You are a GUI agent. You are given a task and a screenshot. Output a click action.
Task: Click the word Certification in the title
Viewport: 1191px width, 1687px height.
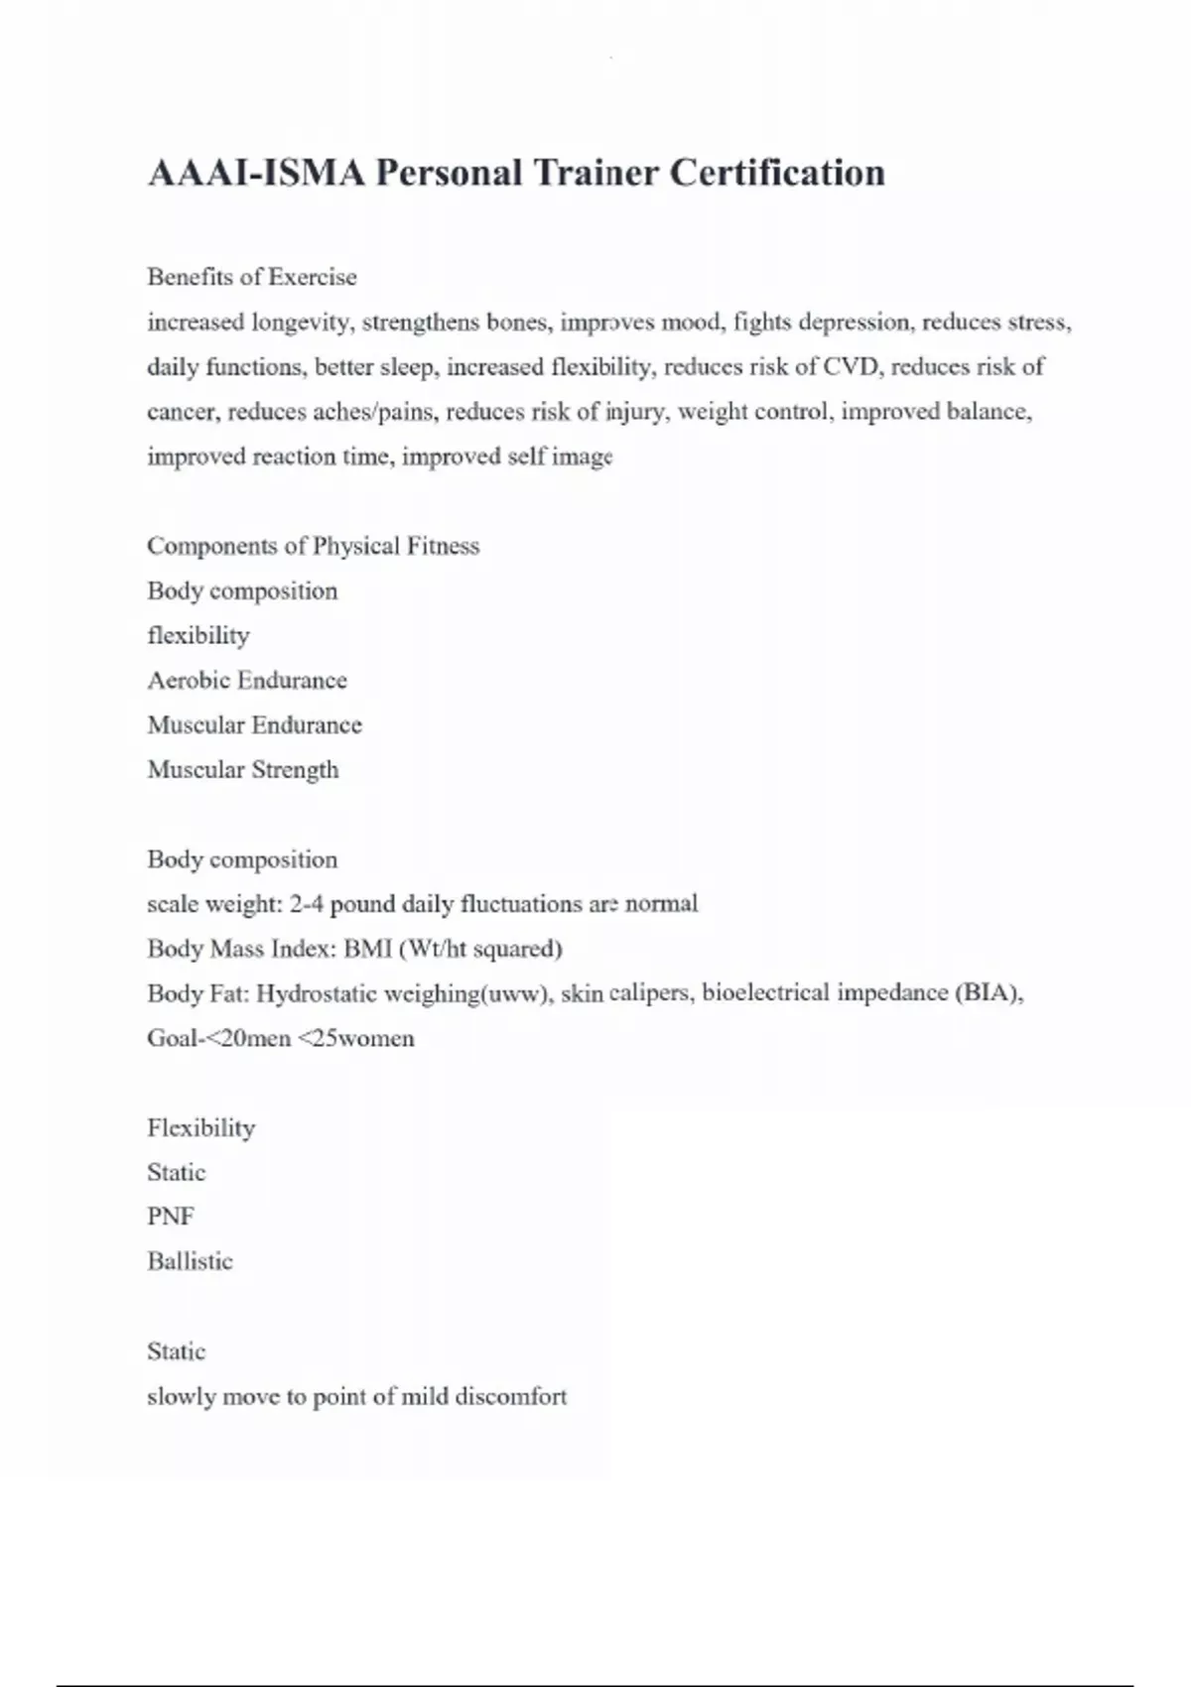(x=776, y=173)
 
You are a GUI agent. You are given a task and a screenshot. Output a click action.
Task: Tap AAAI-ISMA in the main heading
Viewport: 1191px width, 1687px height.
(x=256, y=173)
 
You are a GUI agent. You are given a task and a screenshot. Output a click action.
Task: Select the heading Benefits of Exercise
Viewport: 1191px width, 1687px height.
(x=252, y=277)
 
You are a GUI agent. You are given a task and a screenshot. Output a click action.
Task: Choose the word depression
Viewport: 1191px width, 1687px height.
(x=855, y=323)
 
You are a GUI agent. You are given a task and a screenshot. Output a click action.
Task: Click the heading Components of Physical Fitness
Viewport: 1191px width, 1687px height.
(x=313, y=546)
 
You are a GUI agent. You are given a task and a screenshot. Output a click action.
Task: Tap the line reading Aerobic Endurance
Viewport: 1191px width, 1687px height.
(x=247, y=681)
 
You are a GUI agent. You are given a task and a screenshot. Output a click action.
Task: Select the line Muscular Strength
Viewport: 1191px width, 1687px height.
(x=243, y=770)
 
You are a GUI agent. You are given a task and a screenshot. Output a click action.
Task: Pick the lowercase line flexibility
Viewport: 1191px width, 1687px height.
(x=198, y=636)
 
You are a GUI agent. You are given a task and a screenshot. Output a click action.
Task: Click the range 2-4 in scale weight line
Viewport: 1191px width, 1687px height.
(x=307, y=904)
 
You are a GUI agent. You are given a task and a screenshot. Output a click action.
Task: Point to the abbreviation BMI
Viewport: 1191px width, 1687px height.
(x=367, y=949)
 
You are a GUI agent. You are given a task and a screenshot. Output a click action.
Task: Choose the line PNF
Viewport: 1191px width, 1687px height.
(x=171, y=1217)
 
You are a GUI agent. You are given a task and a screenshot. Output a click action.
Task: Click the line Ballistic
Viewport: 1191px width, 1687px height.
(x=190, y=1261)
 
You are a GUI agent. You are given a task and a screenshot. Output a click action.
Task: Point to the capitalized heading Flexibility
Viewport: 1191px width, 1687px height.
(x=201, y=1128)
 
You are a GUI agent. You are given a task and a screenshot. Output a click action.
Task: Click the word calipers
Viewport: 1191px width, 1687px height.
(x=650, y=993)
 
